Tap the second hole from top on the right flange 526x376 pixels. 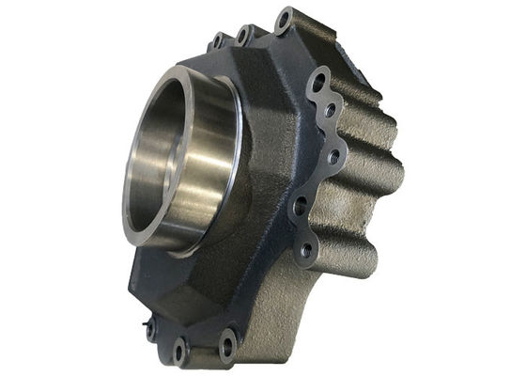(x=331, y=111)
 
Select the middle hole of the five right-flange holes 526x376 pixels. (x=332, y=155)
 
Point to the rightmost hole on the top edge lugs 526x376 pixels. (x=284, y=19)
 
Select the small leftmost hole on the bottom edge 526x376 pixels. (x=150, y=328)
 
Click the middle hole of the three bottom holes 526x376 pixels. (x=179, y=351)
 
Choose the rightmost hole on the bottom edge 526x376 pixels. (x=227, y=343)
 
